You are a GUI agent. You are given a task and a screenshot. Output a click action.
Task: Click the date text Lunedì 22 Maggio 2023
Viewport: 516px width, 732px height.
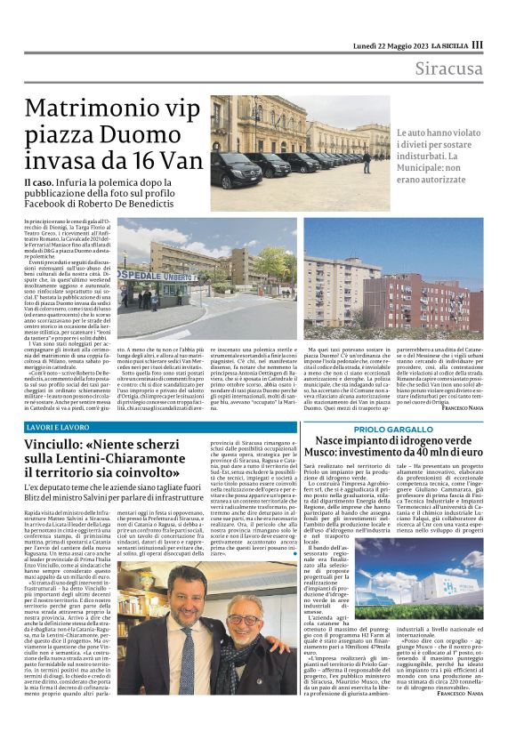coord(372,45)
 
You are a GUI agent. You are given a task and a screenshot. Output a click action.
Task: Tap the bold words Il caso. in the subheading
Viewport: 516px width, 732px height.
coord(39,181)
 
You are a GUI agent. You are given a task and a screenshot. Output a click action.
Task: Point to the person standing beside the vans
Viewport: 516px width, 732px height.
coord(367,162)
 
